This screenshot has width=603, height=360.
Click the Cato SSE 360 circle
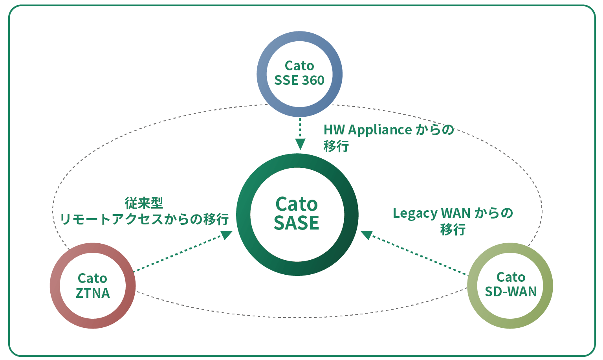(299, 73)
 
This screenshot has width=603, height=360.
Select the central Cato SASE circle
(297, 214)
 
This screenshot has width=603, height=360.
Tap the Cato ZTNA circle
(93, 286)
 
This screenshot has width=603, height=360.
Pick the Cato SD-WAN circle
(510, 285)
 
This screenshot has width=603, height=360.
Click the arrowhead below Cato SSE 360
(300, 144)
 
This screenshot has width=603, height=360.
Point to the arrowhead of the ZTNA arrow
(227, 235)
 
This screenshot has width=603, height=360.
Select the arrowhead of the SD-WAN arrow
(367, 235)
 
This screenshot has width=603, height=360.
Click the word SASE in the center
(297, 223)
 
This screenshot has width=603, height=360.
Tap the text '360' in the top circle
(313, 81)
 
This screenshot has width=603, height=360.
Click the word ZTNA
(93, 293)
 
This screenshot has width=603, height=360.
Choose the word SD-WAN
(511, 292)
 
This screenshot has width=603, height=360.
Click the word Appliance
(380, 130)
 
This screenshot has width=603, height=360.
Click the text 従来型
(144, 203)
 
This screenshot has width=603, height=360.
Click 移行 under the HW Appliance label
(336, 146)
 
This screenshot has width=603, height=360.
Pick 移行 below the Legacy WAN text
(453, 230)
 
